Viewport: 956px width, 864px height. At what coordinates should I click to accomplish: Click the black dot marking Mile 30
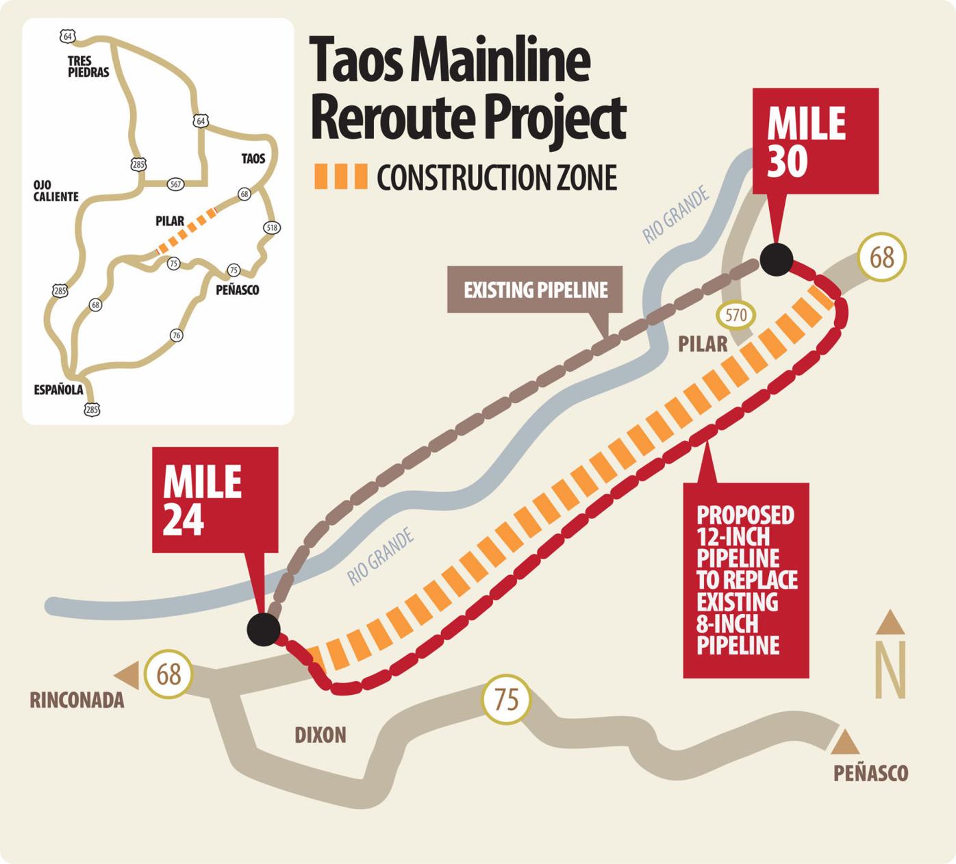click(776, 259)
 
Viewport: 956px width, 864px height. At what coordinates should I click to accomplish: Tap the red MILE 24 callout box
click(214, 500)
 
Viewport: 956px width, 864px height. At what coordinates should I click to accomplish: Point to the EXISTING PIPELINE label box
click(535, 290)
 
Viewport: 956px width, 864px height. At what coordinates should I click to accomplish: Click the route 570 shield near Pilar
click(735, 316)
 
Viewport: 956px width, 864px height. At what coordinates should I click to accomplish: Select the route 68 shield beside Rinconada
click(168, 674)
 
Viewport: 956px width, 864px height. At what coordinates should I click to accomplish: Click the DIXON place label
click(320, 735)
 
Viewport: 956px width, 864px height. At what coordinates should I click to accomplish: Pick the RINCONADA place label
click(77, 700)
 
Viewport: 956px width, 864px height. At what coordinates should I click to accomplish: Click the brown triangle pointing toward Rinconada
click(128, 674)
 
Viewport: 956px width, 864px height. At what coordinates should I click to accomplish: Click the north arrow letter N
click(891, 670)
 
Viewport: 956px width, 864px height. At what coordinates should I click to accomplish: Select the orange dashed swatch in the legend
click(340, 177)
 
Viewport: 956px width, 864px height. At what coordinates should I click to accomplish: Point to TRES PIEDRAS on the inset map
click(88, 66)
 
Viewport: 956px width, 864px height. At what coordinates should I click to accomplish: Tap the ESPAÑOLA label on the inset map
click(58, 390)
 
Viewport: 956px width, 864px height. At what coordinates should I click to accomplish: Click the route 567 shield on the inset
click(175, 183)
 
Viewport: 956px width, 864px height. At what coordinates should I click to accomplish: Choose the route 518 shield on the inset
click(272, 227)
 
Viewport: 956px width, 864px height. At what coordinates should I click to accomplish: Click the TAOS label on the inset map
click(253, 159)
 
